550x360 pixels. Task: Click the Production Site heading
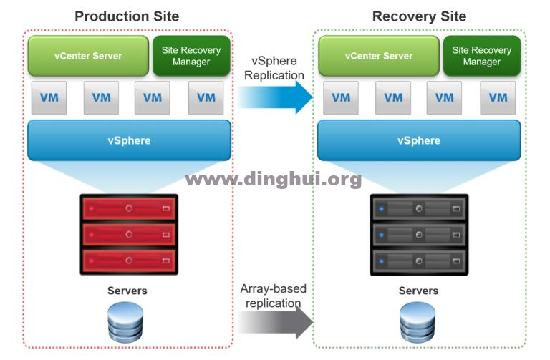click(x=127, y=16)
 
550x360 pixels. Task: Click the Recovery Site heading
click(x=419, y=16)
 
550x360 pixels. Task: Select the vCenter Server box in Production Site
click(x=88, y=56)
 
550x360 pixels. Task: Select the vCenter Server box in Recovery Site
click(x=379, y=56)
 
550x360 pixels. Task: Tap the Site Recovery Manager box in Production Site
click(x=191, y=56)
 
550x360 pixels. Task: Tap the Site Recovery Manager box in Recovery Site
click(x=482, y=56)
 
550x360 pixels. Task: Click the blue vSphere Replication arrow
click(x=275, y=97)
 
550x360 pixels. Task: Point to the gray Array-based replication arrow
click(x=275, y=323)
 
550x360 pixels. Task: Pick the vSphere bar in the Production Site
click(x=129, y=140)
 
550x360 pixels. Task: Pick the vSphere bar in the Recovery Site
click(x=419, y=140)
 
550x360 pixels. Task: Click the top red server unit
click(x=129, y=208)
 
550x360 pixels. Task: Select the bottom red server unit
click(x=129, y=261)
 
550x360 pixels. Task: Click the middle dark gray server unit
click(x=419, y=235)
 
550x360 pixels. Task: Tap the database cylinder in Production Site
click(x=125, y=323)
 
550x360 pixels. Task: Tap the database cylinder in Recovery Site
click(x=418, y=323)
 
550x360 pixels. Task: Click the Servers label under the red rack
click(x=127, y=291)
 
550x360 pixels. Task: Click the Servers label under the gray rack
click(x=418, y=291)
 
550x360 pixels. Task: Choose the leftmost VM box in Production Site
click(x=49, y=98)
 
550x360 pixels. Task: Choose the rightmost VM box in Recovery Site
click(x=498, y=98)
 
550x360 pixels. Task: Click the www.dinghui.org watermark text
click(x=274, y=180)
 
